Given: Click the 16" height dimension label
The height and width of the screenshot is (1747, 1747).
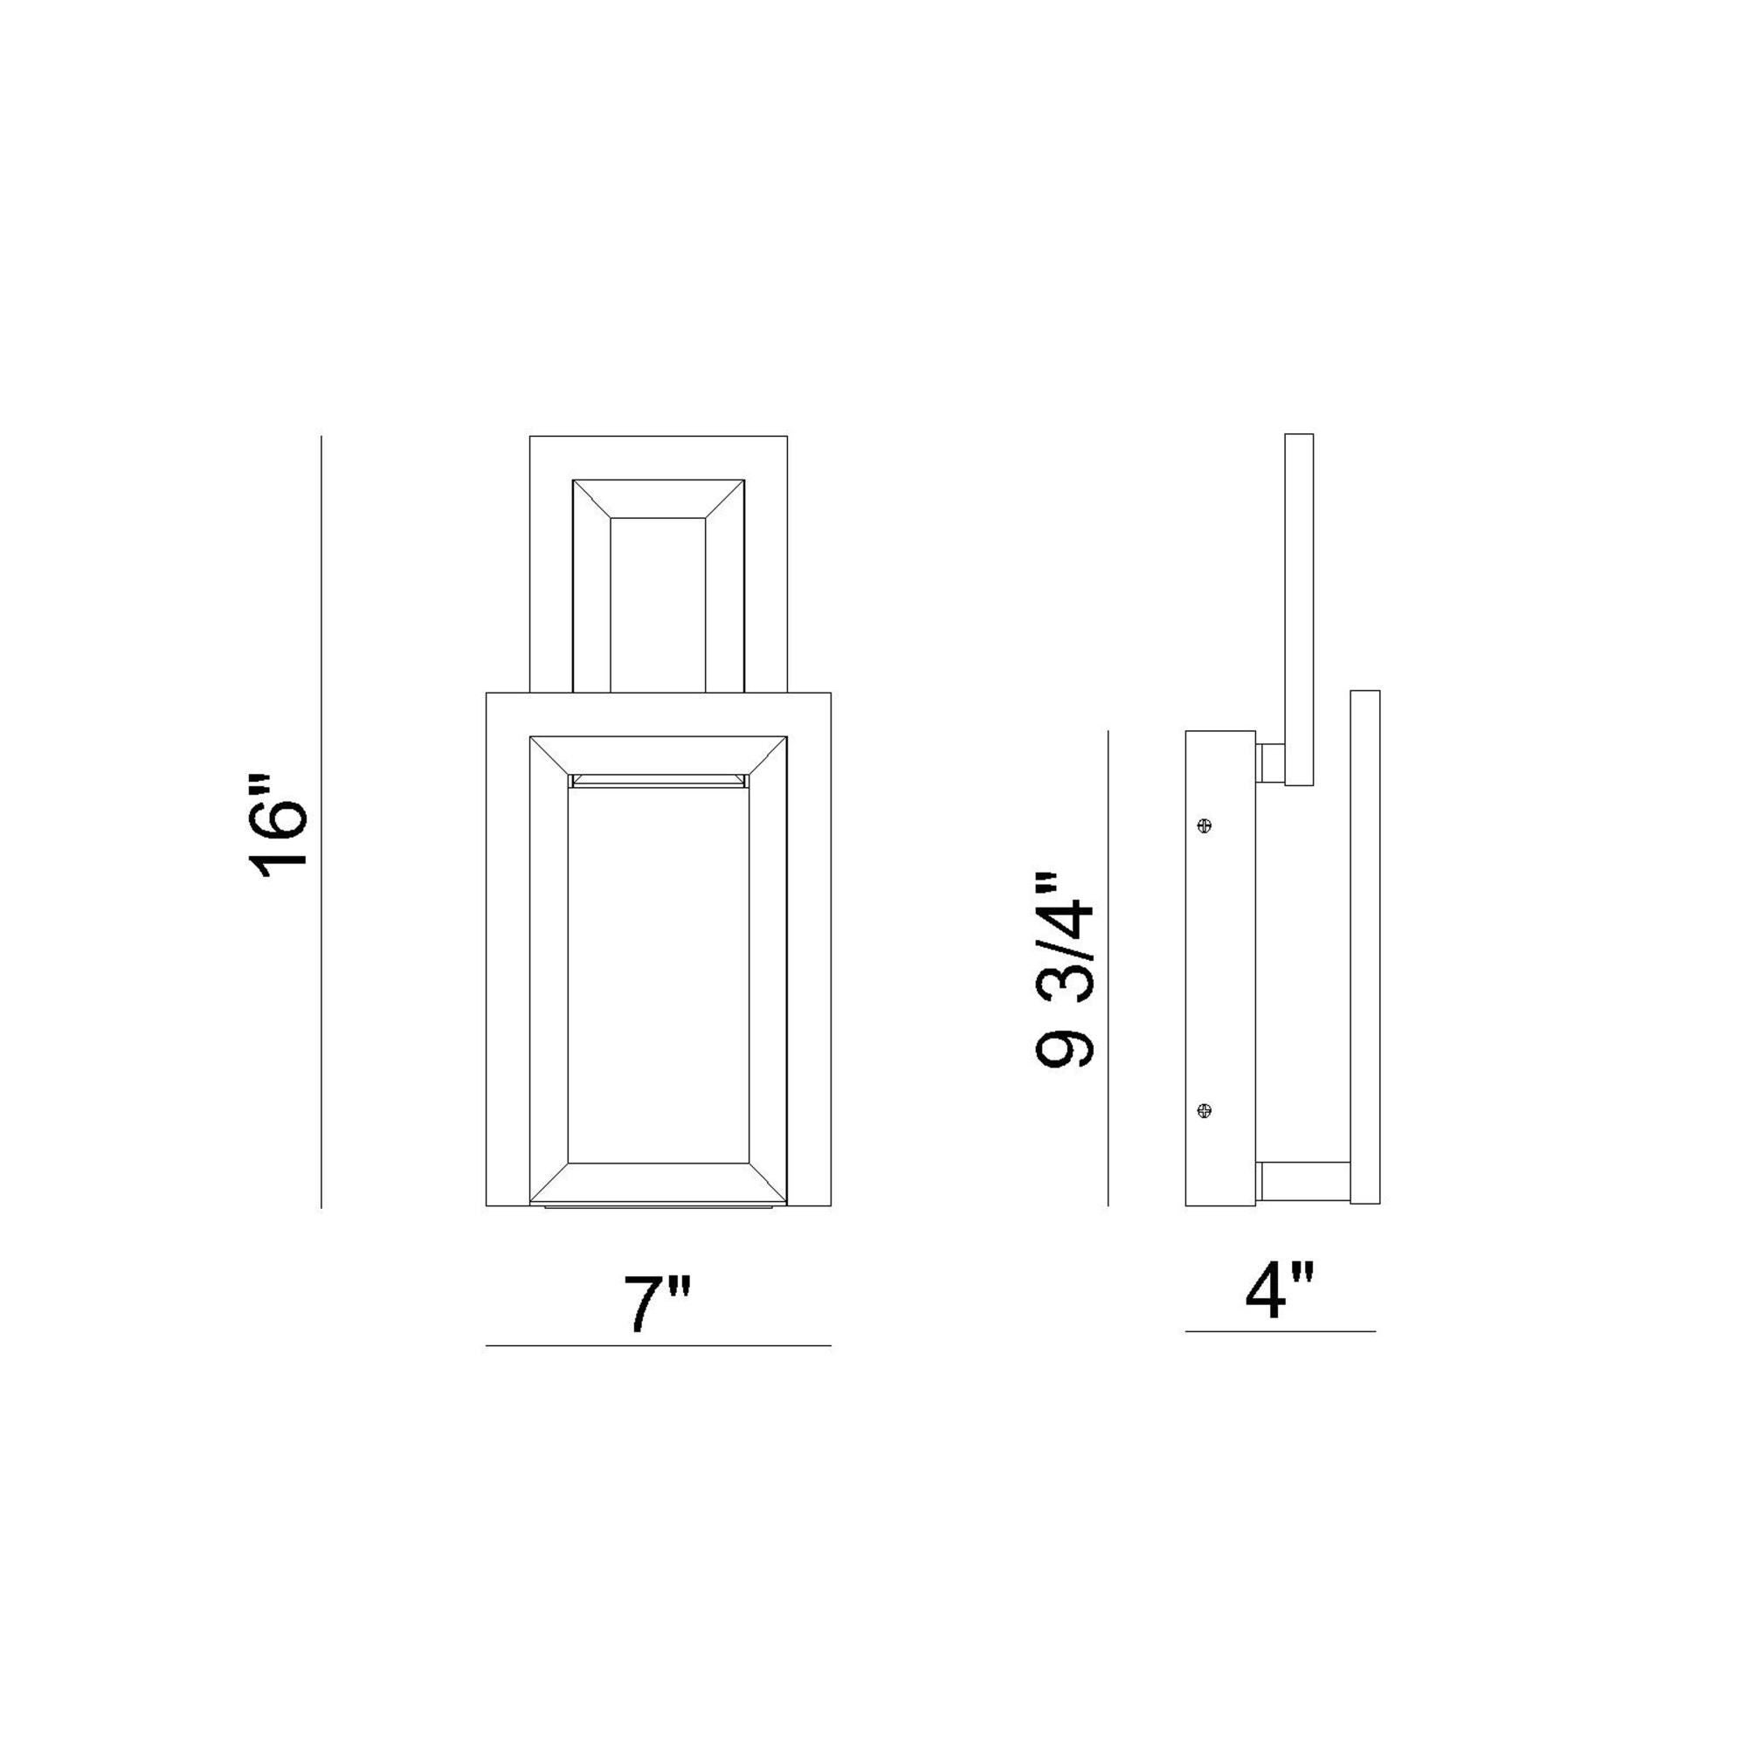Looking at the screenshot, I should (x=279, y=826).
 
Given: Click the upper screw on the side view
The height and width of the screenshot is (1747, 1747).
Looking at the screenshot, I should (x=1204, y=825).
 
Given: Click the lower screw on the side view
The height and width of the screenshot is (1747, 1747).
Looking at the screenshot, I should (x=1204, y=1110).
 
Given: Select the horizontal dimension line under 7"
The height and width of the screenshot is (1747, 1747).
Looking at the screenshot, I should (x=658, y=1346).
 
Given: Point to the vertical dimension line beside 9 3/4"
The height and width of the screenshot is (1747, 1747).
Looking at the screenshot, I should (x=1108, y=968).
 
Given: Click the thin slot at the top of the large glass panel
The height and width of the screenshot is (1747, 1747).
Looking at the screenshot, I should (x=658, y=779).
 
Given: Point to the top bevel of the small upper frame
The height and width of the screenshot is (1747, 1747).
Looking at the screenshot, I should (x=658, y=498).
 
